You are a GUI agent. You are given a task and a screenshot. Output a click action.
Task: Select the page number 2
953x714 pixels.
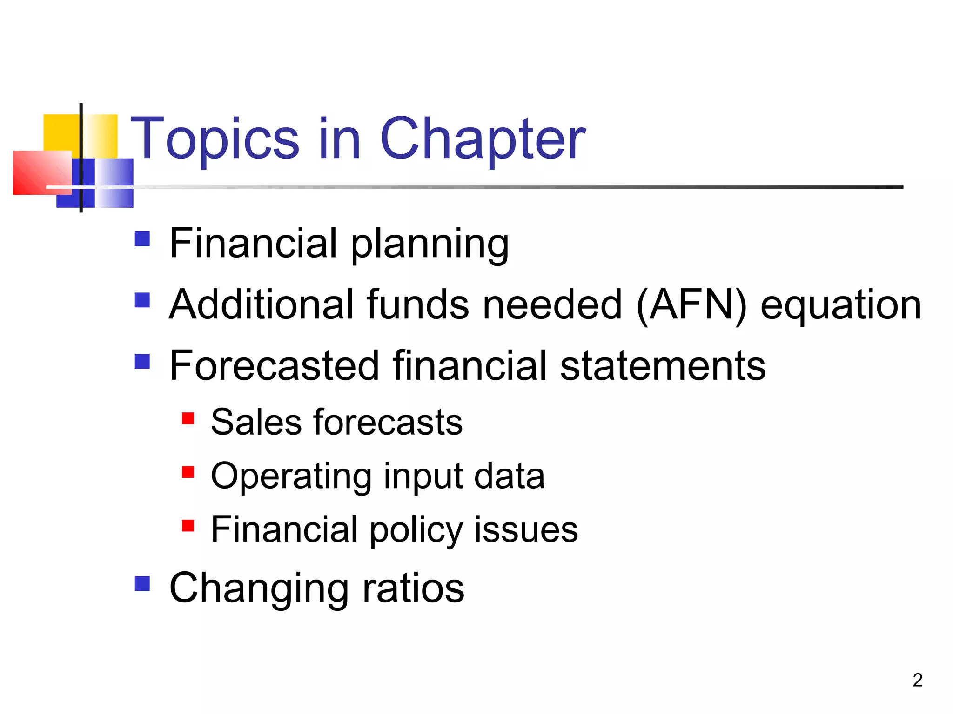click(x=917, y=680)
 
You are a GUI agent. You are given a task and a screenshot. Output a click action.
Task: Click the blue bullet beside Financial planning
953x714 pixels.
click(x=142, y=239)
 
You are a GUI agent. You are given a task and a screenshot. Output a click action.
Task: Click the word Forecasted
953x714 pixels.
click(x=274, y=366)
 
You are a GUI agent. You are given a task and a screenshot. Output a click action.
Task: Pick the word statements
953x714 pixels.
click(x=663, y=366)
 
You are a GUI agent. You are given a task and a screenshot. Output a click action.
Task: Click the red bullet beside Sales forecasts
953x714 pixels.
click(x=188, y=418)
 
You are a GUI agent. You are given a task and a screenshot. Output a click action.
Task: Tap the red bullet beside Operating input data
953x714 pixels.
click(x=188, y=472)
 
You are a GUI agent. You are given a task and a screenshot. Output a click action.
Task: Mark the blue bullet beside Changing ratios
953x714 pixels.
click(x=142, y=583)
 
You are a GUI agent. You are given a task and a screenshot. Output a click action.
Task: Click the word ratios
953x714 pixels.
click(x=413, y=588)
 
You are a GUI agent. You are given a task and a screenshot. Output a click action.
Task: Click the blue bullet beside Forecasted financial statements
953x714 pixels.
click(x=142, y=361)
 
